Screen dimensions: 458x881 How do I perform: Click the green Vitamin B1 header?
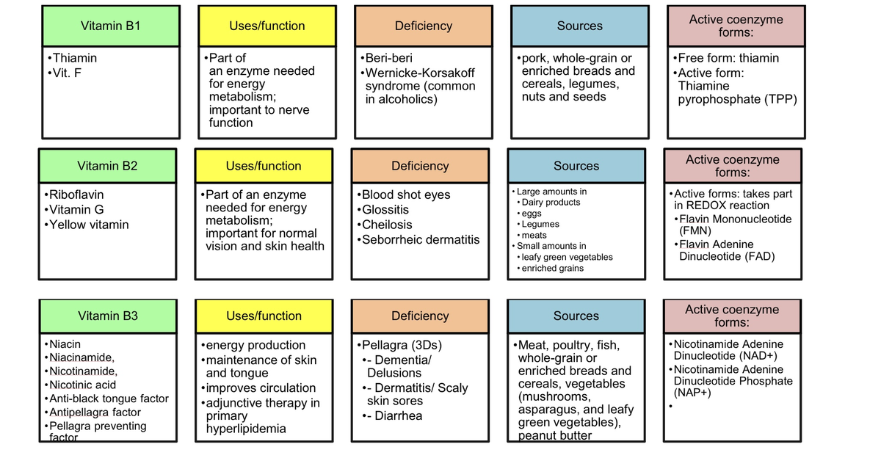coord(110,26)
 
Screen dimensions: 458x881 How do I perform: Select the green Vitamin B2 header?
coord(107,166)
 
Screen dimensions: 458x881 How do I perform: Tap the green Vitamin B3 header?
coord(107,316)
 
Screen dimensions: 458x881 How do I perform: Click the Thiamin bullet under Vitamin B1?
coord(74,58)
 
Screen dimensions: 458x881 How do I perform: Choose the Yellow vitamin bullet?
coord(88,225)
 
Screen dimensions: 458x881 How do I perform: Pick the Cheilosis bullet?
coord(387,225)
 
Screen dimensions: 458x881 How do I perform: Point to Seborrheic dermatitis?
coord(421,239)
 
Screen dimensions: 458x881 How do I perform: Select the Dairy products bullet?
coord(551,203)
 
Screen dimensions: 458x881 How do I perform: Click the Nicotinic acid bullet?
coord(82,385)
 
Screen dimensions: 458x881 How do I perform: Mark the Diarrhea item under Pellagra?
coord(398,415)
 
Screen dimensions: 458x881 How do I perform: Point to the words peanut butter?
coord(555,435)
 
